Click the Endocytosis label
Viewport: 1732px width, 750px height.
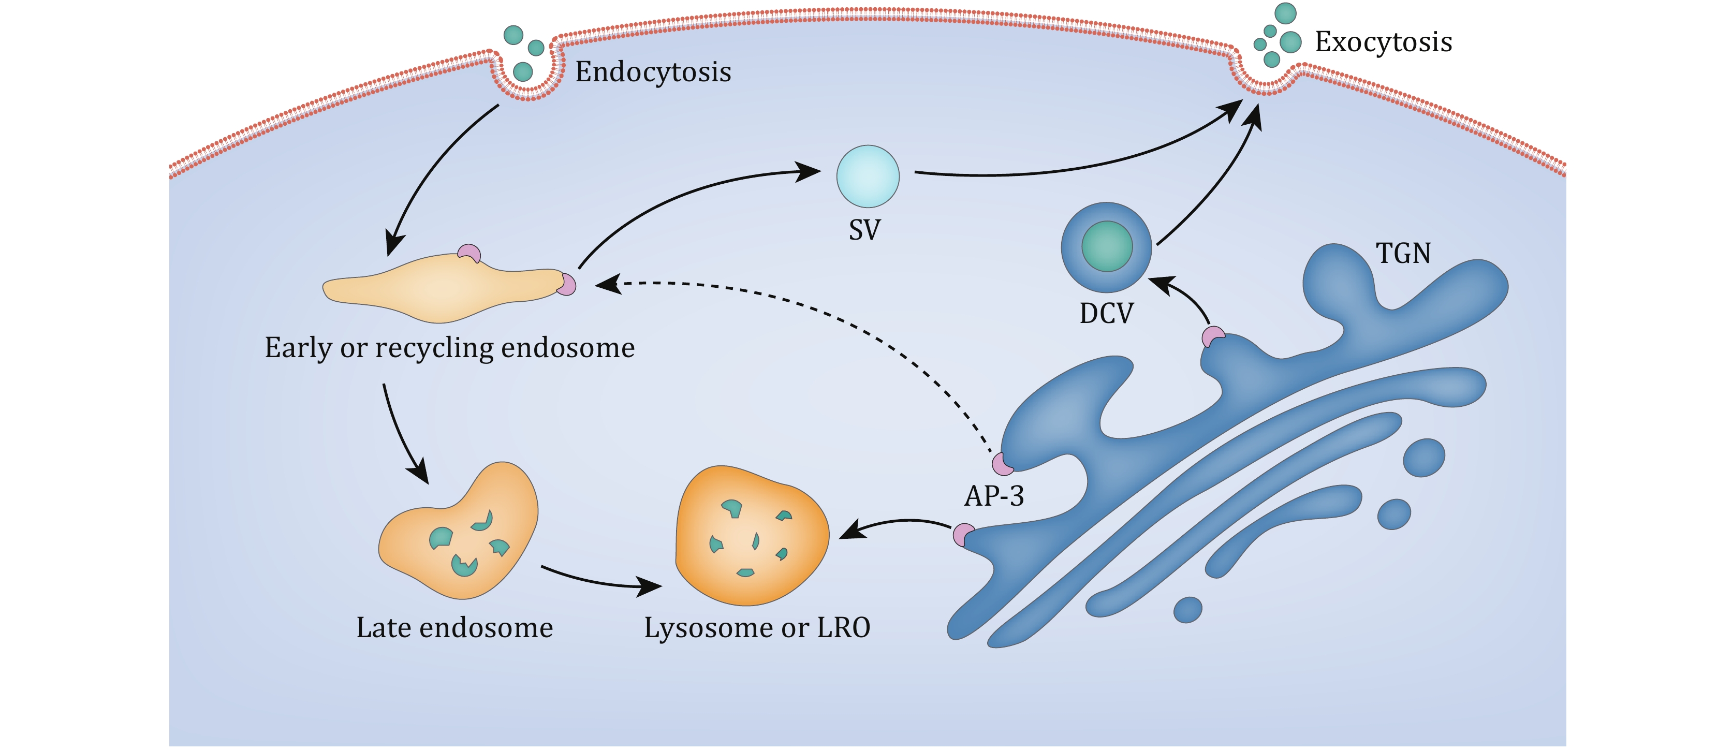(653, 72)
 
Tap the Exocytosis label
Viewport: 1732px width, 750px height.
(1383, 41)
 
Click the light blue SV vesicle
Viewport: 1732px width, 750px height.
(868, 176)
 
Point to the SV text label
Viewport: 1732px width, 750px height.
(864, 230)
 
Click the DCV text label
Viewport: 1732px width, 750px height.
(1106, 313)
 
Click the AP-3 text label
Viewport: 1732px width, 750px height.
(994, 496)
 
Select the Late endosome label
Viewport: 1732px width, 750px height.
(454, 628)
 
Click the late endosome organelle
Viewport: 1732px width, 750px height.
(464, 538)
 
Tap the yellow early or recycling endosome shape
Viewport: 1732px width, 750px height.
(444, 288)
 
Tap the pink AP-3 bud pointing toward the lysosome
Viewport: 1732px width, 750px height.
(963, 535)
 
